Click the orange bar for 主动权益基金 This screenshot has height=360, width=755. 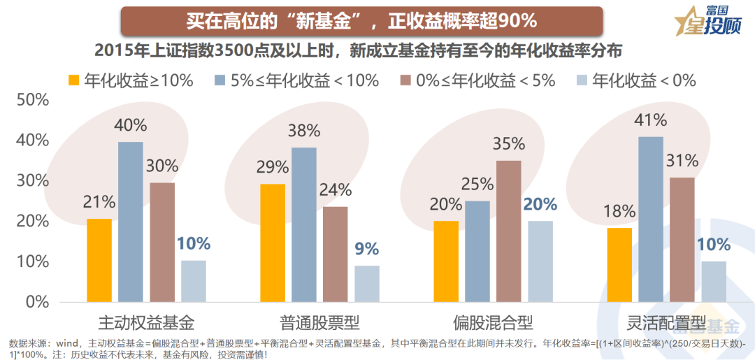[x=99, y=260]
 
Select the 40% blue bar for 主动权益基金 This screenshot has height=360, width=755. [x=131, y=222]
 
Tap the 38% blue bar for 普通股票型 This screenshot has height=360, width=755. [x=304, y=224]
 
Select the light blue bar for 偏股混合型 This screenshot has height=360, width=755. [x=540, y=261]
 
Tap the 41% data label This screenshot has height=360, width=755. [x=650, y=120]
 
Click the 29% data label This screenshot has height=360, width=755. [x=272, y=167]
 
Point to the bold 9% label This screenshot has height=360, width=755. [x=366, y=249]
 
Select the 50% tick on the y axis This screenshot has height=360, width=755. [x=32, y=100]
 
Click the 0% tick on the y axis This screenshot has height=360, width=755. [x=36, y=303]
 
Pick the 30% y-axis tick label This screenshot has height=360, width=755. [x=32, y=181]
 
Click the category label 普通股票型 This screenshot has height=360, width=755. [x=319, y=323]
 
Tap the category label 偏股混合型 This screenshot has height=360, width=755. [x=493, y=323]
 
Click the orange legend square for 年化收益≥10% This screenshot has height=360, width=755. [x=74, y=80]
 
